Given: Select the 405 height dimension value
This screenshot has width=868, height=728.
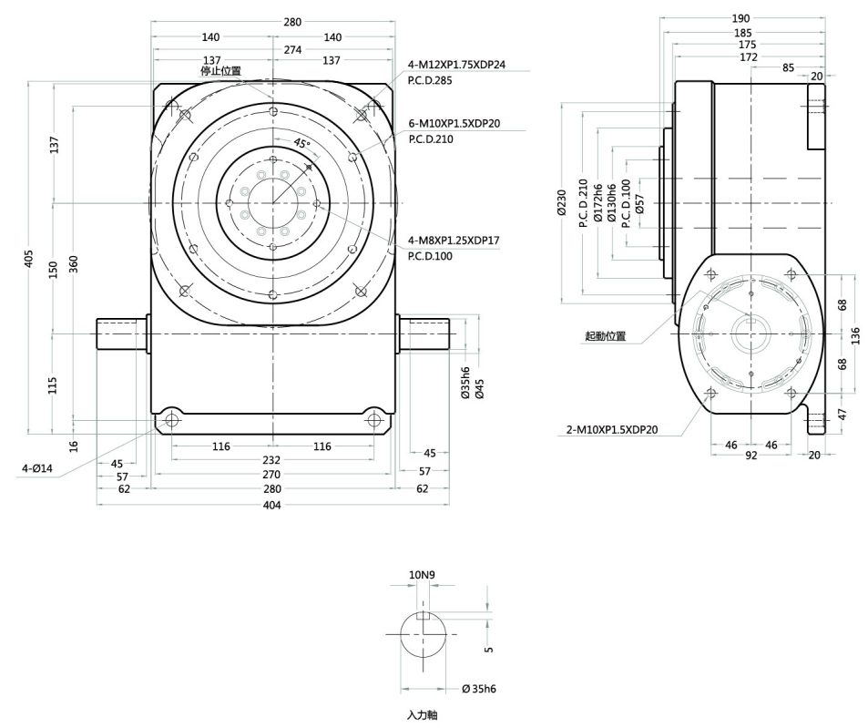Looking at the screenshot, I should (x=30, y=260).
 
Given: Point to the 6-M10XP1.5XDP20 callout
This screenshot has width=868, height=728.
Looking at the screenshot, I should (x=454, y=124).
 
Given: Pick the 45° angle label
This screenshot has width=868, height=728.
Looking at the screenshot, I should (x=301, y=143).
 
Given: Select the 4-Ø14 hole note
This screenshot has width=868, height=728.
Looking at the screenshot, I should (x=38, y=470).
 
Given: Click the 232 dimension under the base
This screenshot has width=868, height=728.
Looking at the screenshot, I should (x=272, y=461).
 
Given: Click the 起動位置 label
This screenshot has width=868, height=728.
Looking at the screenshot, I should (x=606, y=336).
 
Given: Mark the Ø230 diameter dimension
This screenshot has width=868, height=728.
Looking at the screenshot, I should (x=561, y=202).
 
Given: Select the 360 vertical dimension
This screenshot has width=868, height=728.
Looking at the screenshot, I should (x=73, y=264).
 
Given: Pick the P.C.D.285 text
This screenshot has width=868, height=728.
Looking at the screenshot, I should (x=433, y=81).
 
